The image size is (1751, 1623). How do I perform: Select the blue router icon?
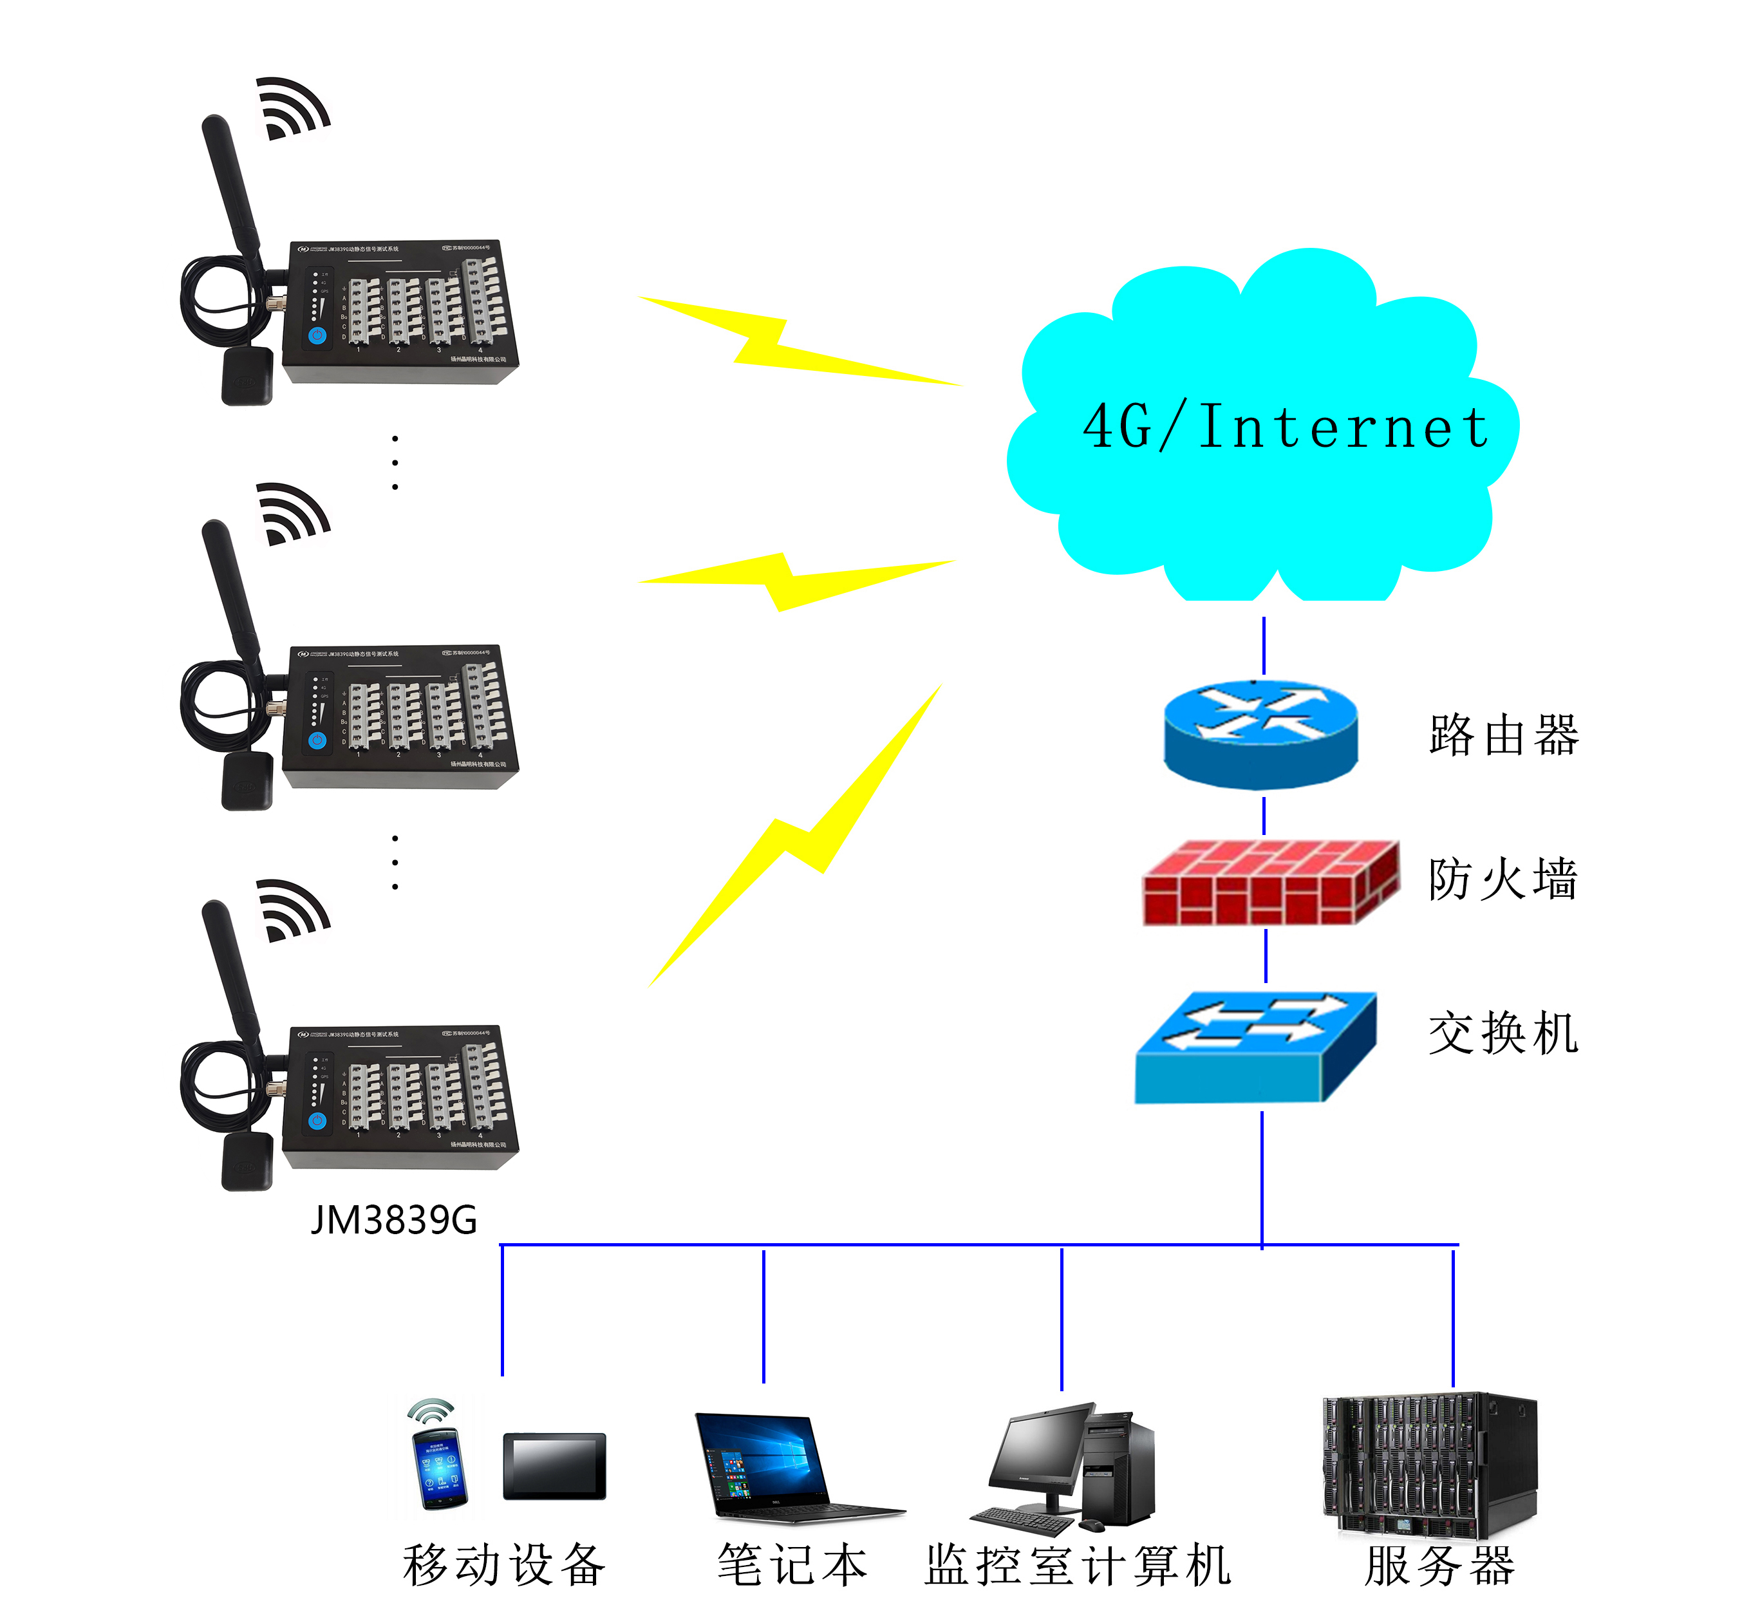pyautogui.click(x=1260, y=733)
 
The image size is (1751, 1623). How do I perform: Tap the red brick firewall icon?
pyautogui.click(x=1269, y=882)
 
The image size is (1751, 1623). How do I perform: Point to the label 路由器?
pyautogui.click(x=1503, y=735)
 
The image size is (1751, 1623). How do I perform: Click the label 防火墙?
pyautogui.click(x=1503, y=879)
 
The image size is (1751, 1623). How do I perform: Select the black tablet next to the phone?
pyautogui.click(x=554, y=1466)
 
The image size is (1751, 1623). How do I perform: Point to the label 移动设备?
pyautogui.click(x=504, y=1565)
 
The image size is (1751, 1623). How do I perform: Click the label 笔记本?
pyautogui.click(x=792, y=1565)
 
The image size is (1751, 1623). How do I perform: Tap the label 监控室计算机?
pyautogui.click(x=1078, y=1565)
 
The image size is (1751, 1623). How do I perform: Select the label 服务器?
pyautogui.click(x=1440, y=1565)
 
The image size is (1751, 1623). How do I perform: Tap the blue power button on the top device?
pyautogui.click(x=317, y=335)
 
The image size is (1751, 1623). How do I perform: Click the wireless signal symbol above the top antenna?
pyautogui.click(x=292, y=108)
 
